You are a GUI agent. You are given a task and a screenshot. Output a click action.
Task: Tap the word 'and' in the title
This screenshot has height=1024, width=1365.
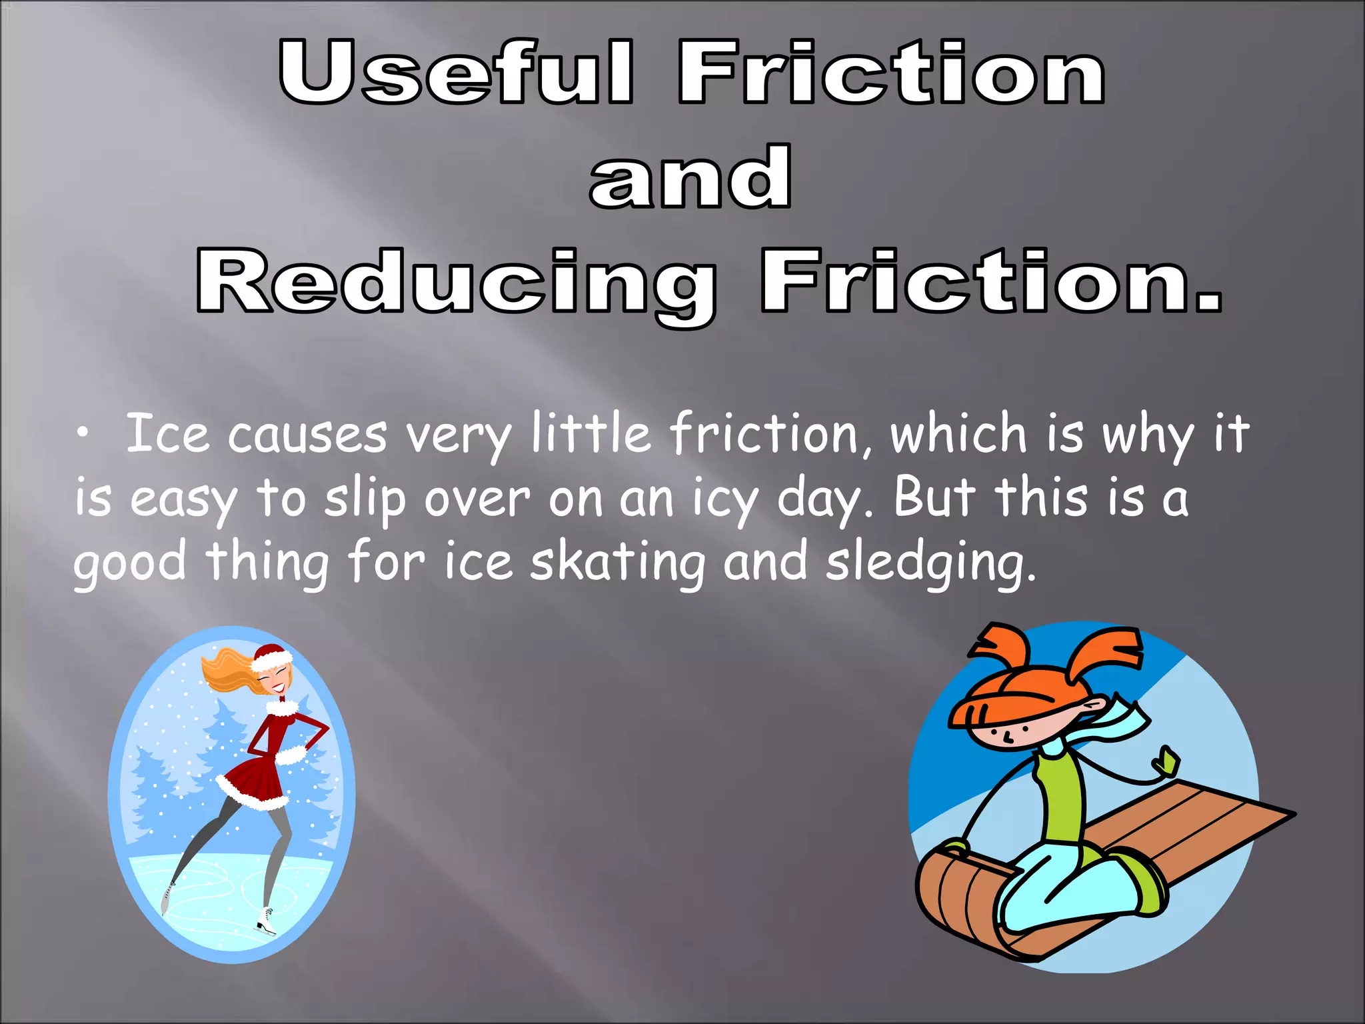click(x=690, y=177)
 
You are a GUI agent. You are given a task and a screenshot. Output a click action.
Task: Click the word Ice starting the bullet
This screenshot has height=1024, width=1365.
click(x=167, y=433)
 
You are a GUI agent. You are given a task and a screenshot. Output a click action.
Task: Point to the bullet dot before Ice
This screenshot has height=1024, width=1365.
click(x=82, y=434)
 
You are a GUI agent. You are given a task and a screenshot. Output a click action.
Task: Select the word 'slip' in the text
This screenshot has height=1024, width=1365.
click(x=365, y=499)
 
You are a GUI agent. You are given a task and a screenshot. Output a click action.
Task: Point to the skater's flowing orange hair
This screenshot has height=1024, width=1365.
click(x=227, y=670)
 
